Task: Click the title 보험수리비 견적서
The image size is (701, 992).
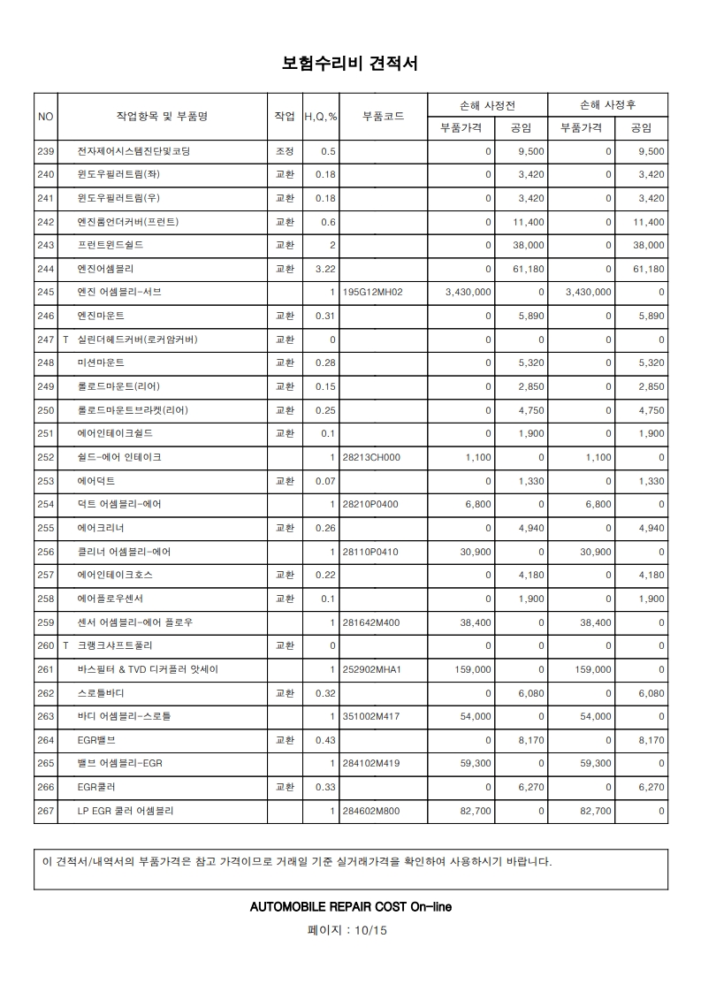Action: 349,64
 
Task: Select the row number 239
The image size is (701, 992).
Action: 46,151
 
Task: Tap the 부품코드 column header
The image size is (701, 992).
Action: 384,117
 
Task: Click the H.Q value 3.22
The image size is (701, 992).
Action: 326,269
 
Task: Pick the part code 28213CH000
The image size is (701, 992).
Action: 371,457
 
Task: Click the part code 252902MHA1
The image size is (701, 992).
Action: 372,669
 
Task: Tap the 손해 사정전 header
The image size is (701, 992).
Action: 487,104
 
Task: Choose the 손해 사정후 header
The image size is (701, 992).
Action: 607,104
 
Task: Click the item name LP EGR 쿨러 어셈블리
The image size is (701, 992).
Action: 126,811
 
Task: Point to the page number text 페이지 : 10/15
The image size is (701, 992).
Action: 349,930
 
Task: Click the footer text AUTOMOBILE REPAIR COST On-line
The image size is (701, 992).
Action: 351,907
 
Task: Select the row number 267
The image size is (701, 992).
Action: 46,811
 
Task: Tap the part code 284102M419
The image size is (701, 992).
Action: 372,764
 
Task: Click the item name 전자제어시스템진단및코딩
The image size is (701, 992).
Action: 133,151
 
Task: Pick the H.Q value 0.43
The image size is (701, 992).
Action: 326,740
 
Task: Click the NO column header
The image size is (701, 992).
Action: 46,117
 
